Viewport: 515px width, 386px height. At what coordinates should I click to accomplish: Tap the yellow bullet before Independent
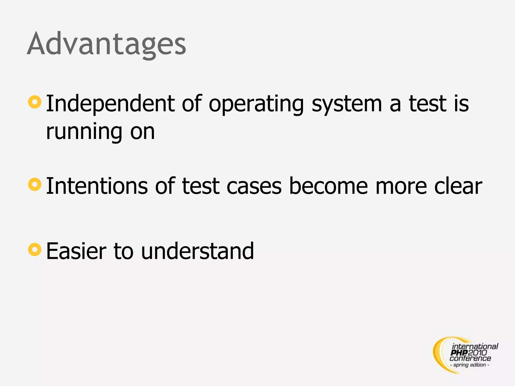pyautogui.click(x=35, y=102)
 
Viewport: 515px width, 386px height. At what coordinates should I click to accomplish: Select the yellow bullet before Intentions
pyautogui.click(x=35, y=184)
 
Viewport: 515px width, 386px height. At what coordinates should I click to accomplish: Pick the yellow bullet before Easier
pyautogui.click(x=35, y=250)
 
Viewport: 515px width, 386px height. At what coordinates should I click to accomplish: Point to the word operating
pyautogui.click(x=256, y=104)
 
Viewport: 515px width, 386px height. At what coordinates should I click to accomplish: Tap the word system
pyautogui.click(x=347, y=104)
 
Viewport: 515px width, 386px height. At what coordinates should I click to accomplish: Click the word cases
pyautogui.click(x=254, y=186)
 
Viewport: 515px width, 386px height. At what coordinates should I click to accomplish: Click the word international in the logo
pyautogui.click(x=475, y=347)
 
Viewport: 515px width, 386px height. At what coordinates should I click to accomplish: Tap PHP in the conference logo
pyautogui.click(x=459, y=353)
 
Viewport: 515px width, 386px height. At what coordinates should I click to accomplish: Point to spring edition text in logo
pyautogui.click(x=469, y=365)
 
